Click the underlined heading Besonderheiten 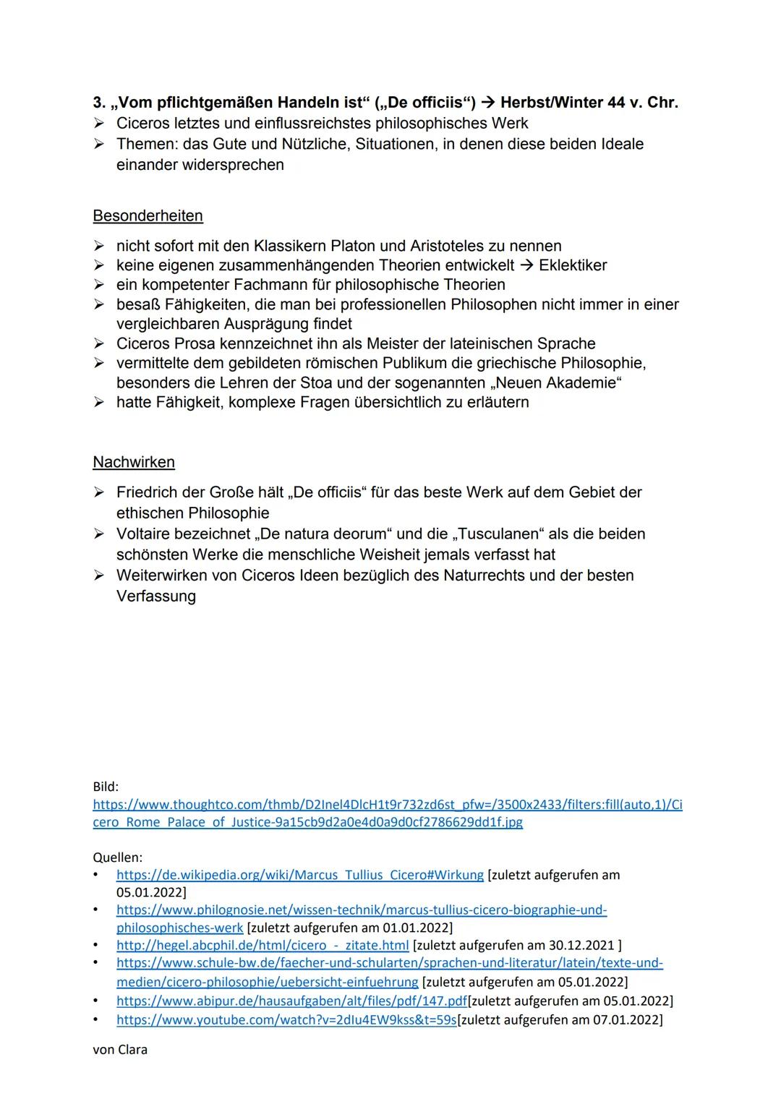point(148,215)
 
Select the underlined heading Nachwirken point(134,462)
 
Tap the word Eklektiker point(573,265)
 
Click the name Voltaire point(146,534)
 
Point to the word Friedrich point(150,492)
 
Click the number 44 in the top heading point(616,103)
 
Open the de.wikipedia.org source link point(299,875)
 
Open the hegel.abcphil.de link point(263,945)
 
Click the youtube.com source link point(286,1019)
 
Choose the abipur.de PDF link point(291,1001)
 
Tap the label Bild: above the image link point(106,786)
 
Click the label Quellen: point(118,857)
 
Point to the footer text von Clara point(120,1049)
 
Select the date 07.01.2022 point(627,1019)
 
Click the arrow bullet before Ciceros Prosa point(99,343)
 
